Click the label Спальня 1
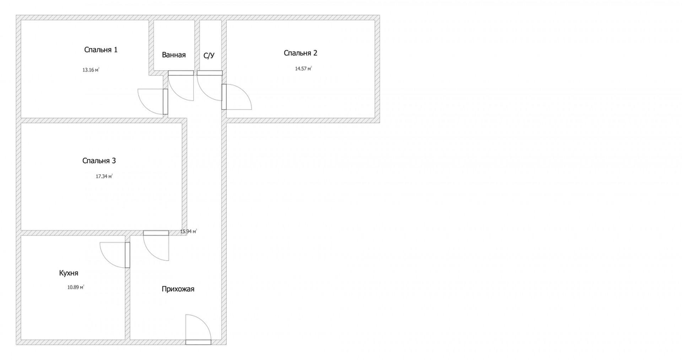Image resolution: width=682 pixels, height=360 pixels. click(x=101, y=50)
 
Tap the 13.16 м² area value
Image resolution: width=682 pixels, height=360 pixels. click(x=91, y=69)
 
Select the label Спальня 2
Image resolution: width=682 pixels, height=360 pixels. click(x=301, y=53)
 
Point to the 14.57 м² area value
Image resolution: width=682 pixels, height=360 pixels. click(x=304, y=68)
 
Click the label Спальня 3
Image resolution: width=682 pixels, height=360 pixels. click(x=99, y=161)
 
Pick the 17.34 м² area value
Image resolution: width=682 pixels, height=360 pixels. click(x=104, y=176)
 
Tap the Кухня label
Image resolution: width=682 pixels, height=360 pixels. click(x=69, y=273)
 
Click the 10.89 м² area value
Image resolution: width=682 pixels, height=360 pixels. click(x=76, y=287)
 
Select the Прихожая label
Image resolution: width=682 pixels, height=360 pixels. click(x=178, y=289)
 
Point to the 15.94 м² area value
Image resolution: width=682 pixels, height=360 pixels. click(x=189, y=231)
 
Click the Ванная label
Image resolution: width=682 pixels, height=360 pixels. click(x=174, y=55)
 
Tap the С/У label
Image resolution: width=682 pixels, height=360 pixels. click(x=209, y=56)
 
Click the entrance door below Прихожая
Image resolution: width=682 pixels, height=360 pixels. click(x=198, y=330)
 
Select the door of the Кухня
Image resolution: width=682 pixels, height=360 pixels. click(x=116, y=255)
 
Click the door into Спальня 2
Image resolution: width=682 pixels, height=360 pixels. click(x=237, y=97)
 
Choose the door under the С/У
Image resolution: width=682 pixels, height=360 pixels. click(x=210, y=86)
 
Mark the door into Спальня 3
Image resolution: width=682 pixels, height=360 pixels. click(x=156, y=246)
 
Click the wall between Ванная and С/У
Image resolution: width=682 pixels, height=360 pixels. click(x=197, y=45)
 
